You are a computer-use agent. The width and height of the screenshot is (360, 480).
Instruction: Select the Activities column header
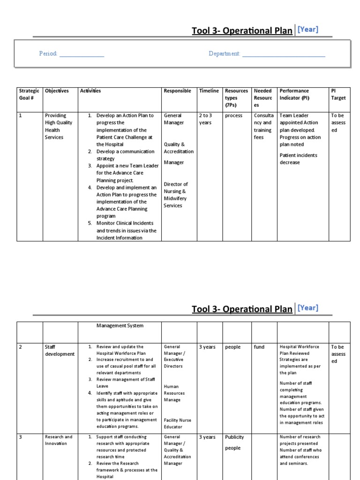pos(90,91)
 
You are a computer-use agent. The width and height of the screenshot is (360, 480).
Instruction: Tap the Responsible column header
pos(177,91)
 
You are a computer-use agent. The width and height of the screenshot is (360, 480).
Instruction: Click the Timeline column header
pos(209,91)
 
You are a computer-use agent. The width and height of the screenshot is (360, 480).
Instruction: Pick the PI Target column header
pos(338,94)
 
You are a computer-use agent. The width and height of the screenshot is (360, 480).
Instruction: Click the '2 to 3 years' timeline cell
pos(205,119)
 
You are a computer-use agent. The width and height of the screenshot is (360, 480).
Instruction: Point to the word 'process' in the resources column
pos(233,115)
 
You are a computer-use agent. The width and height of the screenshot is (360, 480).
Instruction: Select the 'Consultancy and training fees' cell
pos(262,126)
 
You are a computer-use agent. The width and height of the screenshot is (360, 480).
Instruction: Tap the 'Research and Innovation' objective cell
pos(59,440)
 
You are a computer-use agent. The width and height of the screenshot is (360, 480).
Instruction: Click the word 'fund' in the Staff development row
pos(259,347)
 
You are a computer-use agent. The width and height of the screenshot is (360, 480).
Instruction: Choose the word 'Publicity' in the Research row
pos(234,437)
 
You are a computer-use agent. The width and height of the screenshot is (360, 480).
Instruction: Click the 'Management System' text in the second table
pos(120,325)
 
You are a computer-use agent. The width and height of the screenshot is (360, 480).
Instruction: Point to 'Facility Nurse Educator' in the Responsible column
pos(177,424)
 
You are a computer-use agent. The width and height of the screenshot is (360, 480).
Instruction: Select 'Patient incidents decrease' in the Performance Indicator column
pos(298,159)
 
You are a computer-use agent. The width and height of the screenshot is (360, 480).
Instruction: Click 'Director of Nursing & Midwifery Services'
pos(176,195)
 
